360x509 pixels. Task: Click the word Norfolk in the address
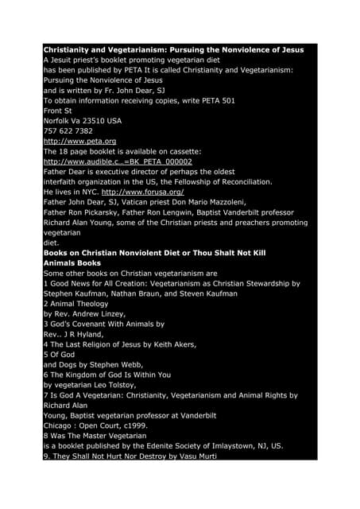[x=56, y=120]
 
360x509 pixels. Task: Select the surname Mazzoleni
[x=241, y=203]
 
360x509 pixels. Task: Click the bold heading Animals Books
[x=72, y=262]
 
